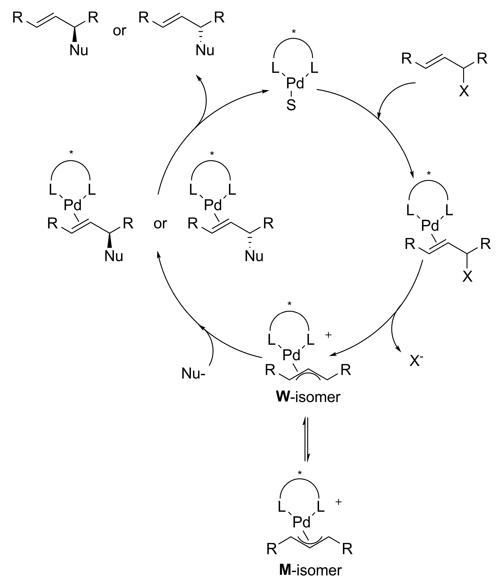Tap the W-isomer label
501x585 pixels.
coord(308,397)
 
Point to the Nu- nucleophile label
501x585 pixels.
coord(193,373)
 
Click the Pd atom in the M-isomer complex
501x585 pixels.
coord(301,522)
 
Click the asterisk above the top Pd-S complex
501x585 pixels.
coord(294,32)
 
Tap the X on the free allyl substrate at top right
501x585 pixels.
coord(464,91)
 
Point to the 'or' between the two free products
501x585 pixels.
coord(119,31)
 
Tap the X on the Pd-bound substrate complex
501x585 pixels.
coord(467,277)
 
